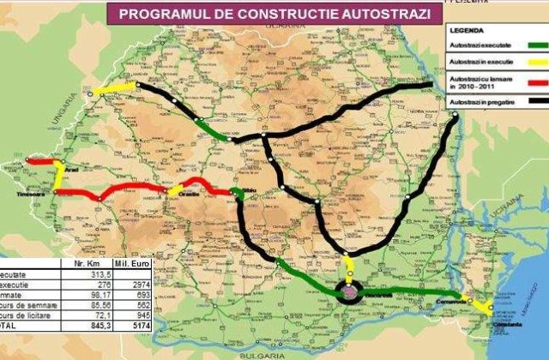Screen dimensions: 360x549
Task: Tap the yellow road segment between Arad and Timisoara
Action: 57,178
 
